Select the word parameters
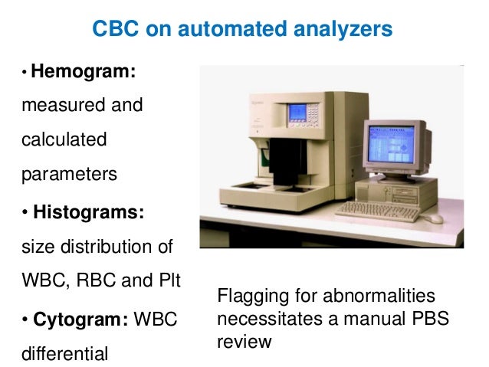69,175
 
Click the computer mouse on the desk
435,218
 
